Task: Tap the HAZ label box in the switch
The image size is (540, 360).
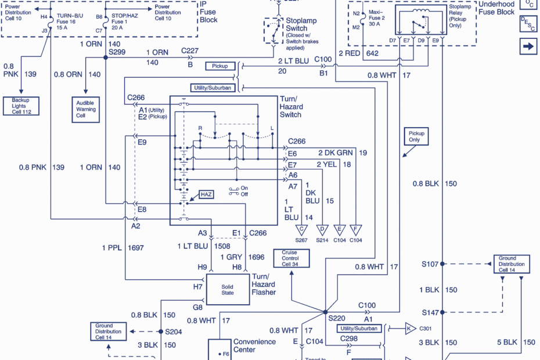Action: [206, 195]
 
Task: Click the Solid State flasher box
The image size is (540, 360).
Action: [227, 289]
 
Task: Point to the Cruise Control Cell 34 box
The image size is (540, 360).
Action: [290, 258]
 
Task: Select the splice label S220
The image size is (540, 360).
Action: [337, 319]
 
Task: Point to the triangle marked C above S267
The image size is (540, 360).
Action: [302, 229]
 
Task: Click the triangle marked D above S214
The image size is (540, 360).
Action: [322, 229]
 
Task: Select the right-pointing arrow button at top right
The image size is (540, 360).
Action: [528, 46]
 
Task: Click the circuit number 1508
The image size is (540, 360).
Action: [221, 246]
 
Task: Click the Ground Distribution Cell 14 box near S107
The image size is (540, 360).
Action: [512, 264]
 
